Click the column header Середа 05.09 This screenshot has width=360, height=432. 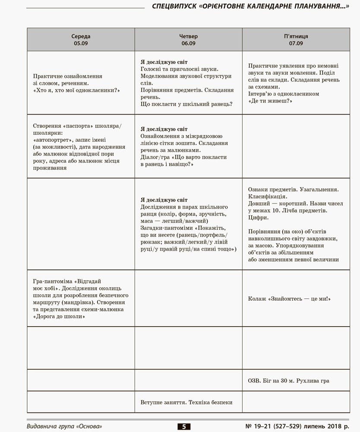pos(81,40)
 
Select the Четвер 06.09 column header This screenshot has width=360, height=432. pos(188,40)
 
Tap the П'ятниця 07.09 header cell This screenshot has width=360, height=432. pos(296,40)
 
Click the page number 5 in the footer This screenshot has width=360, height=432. pos(183,427)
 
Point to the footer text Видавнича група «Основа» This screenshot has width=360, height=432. pos(64,426)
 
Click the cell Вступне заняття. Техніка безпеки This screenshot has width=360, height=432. pos(186,402)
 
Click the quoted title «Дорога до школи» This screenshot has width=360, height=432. pos(59,316)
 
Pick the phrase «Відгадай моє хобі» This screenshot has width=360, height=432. pos(69,284)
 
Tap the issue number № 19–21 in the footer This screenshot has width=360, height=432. pos(261,426)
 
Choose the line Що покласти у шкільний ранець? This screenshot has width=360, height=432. pos(186,104)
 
